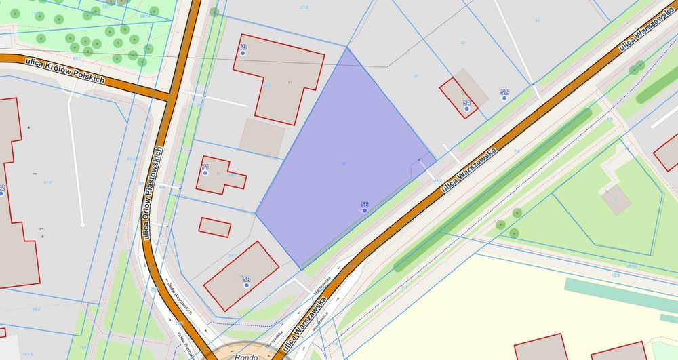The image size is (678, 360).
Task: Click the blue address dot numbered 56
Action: tap(365, 211)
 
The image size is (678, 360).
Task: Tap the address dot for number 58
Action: tap(246, 285)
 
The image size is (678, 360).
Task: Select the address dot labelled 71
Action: tap(205, 173)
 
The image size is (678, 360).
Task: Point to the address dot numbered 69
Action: tap(243, 54)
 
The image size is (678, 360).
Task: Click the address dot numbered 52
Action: tap(504, 98)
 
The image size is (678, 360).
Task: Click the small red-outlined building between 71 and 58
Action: tap(215, 226)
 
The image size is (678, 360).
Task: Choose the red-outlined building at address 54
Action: tap(459, 98)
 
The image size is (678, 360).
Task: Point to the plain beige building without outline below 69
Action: tap(262, 138)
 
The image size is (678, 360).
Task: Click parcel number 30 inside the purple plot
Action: tap(344, 164)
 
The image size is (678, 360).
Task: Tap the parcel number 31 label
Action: tap(416, 76)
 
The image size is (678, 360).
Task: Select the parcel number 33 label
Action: tap(537, 20)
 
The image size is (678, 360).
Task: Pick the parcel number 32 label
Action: tap(462, 42)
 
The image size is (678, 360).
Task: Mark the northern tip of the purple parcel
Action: tap(347, 48)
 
